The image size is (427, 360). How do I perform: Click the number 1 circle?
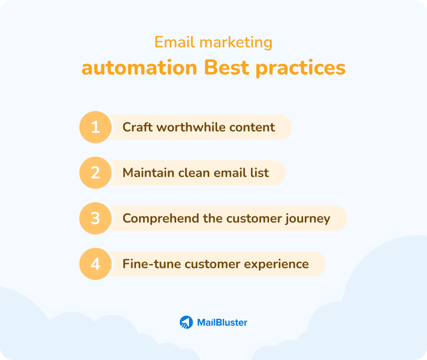pos(96,127)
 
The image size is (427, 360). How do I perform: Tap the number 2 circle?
pos(96,173)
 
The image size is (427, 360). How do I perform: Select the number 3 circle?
pos(96,219)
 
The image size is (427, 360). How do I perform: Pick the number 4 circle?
pos(96,264)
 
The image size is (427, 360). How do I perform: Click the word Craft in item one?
pos(136,127)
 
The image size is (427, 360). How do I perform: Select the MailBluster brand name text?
pos(222,322)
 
